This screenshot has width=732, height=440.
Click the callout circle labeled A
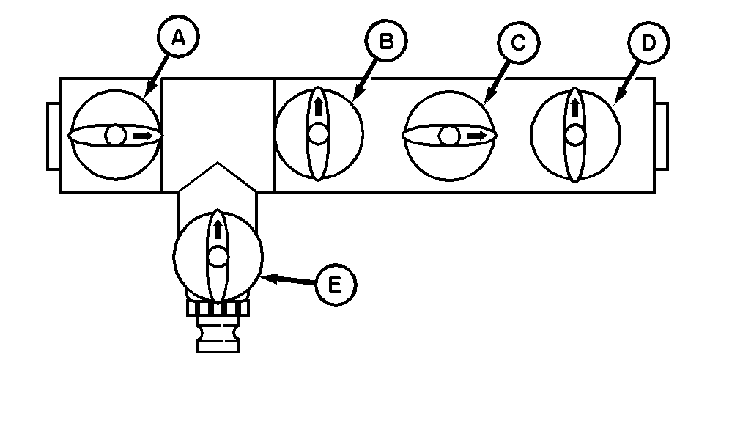[x=178, y=39]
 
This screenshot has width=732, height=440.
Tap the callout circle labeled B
[x=387, y=42]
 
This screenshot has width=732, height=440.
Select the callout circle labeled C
[x=518, y=43]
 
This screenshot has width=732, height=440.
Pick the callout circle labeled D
[x=648, y=43]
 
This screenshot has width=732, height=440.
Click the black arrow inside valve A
[x=144, y=136]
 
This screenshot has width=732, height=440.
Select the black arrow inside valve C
[x=477, y=136]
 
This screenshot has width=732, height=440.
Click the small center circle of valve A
[x=116, y=136]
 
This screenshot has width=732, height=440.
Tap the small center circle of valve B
[x=318, y=134]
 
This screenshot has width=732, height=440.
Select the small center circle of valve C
[x=449, y=136]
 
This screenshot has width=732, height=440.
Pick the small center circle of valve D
[x=575, y=135]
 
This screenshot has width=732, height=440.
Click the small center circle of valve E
[x=218, y=256]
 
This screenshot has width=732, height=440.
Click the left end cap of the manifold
[x=53, y=136]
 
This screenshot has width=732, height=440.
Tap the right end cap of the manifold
[x=662, y=136]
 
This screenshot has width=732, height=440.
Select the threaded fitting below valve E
[x=218, y=326]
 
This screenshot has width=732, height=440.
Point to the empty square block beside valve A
[x=217, y=117]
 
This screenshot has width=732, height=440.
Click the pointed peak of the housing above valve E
[x=217, y=164]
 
